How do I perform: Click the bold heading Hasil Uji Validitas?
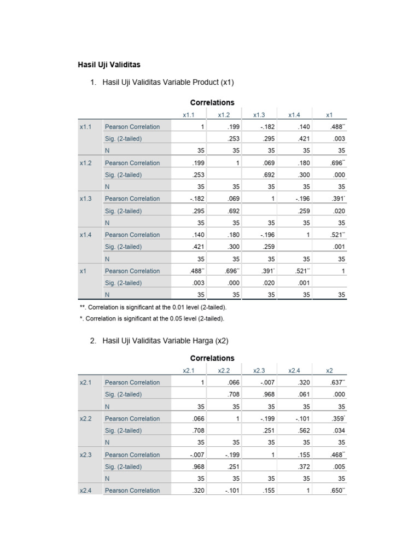click(x=109, y=65)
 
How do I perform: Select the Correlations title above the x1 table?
click(x=212, y=102)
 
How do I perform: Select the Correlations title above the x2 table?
click(x=212, y=358)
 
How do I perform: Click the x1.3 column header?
click(x=259, y=115)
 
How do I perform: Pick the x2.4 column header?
click(x=294, y=371)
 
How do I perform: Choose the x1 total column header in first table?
click(x=329, y=115)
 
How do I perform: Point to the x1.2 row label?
click(x=85, y=163)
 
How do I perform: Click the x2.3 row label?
click(x=85, y=455)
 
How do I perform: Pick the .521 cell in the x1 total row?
click(x=301, y=271)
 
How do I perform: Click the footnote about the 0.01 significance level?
click(x=153, y=308)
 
